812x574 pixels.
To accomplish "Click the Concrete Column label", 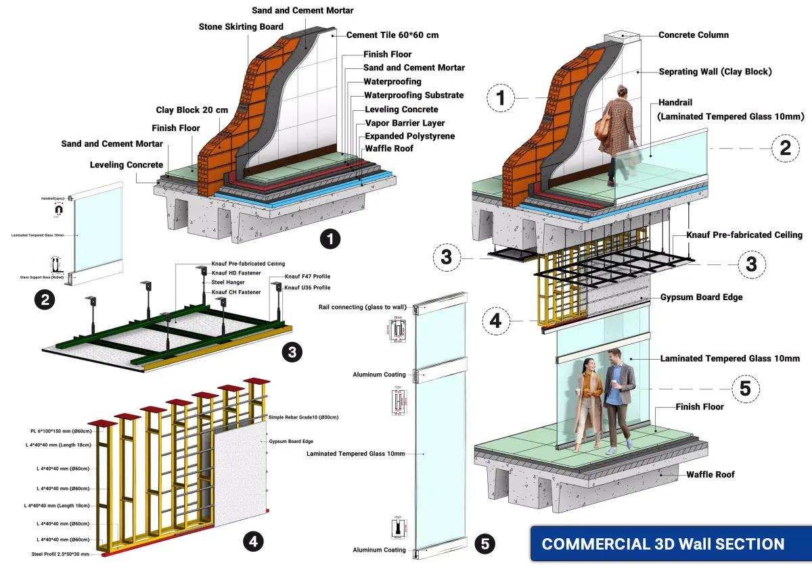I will [693, 34].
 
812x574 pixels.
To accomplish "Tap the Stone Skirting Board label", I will [240, 27].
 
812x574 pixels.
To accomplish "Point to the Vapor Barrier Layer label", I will [405, 123].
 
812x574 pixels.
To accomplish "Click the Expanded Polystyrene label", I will [409, 136].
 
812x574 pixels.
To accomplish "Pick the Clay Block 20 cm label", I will [192, 110].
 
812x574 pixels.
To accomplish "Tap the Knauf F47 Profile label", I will [307, 277].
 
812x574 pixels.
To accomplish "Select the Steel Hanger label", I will [227, 283].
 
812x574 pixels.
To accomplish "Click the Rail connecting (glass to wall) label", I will [362, 307].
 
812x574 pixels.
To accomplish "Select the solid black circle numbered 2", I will [45, 300].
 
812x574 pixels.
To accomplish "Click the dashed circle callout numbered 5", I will [745, 388].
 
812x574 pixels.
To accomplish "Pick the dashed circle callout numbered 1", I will [501, 98].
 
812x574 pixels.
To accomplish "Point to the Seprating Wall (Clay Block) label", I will [715, 71].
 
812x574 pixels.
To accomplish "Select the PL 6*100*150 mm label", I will [62, 431].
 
